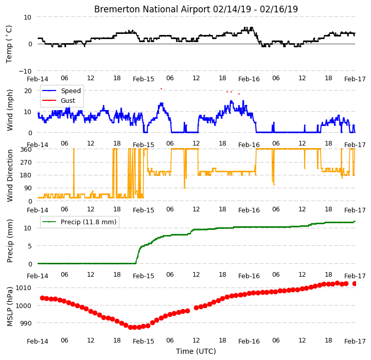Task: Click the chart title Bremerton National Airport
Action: point(152,9)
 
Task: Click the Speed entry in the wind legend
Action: point(71,91)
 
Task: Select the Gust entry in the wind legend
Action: point(68,100)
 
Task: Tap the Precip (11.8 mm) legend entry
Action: point(89,222)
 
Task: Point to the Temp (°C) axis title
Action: point(9,44)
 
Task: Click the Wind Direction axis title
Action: point(10,175)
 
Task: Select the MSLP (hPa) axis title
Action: point(9,307)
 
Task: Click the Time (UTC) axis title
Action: point(196,351)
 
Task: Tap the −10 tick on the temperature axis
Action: point(25,71)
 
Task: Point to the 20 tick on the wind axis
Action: point(28,91)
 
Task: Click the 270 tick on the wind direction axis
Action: point(26,163)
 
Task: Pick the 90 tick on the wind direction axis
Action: point(28,188)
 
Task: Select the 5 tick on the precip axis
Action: point(30,246)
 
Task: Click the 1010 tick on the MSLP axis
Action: point(24,288)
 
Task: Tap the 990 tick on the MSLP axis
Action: point(26,323)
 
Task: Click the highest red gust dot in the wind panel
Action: point(162,88)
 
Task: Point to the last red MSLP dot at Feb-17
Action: point(354,283)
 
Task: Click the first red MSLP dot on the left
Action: point(42,298)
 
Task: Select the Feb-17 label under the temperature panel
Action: point(355,79)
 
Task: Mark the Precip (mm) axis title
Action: point(10,241)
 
